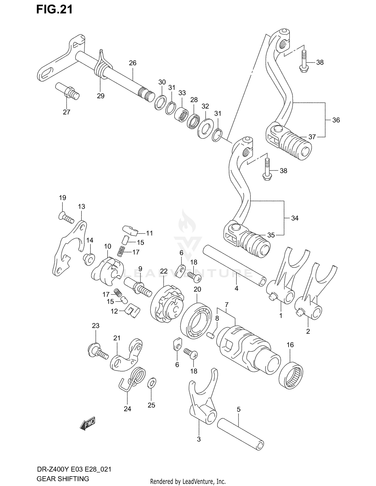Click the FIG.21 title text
click(x=54, y=9)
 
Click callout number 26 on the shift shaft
click(x=133, y=63)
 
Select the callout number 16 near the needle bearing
click(x=290, y=345)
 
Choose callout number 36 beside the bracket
click(x=336, y=120)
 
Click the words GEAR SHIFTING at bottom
click(x=63, y=479)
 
